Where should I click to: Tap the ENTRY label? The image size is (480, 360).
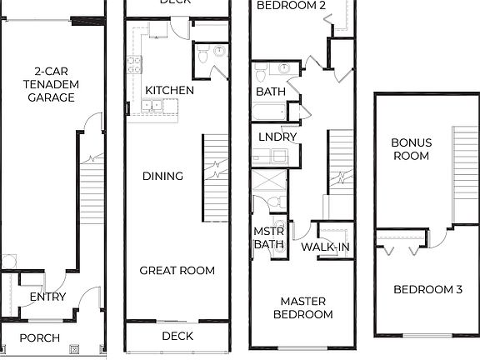click(47, 297)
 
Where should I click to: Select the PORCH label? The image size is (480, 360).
click(39, 337)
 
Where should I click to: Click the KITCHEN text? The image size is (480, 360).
click(169, 90)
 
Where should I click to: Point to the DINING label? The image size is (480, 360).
click(162, 176)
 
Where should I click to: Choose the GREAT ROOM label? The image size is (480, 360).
click(177, 270)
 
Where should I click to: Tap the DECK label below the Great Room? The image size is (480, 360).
click(177, 336)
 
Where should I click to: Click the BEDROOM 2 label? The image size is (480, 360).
click(291, 5)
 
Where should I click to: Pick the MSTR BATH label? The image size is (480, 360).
click(269, 237)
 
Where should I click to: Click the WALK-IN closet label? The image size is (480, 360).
click(325, 247)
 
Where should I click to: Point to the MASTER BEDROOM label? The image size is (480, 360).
click(306, 307)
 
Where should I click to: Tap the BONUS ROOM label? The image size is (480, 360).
click(411, 149)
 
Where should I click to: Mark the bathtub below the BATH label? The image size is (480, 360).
click(271, 111)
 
